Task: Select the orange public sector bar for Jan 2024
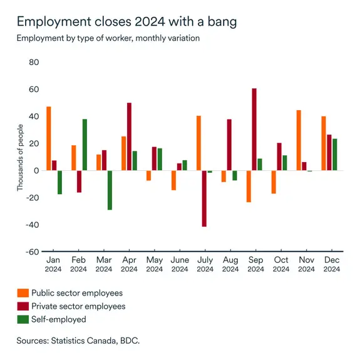click(x=49, y=138)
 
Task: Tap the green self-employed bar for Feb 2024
click(x=85, y=145)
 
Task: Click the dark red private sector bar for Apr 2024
click(x=129, y=136)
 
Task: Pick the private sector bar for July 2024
click(x=204, y=198)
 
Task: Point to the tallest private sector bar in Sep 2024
click(x=254, y=130)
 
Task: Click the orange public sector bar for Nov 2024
click(x=299, y=140)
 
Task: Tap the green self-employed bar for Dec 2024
click(x=335, y=155)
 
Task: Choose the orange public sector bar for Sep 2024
click(x=249, y=186)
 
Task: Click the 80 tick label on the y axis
click(x=34, y=63)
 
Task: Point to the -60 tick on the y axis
click(x=32, y=252)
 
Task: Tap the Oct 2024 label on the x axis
click(x=280, y=264)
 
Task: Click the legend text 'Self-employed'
click(x=59, y=319)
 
